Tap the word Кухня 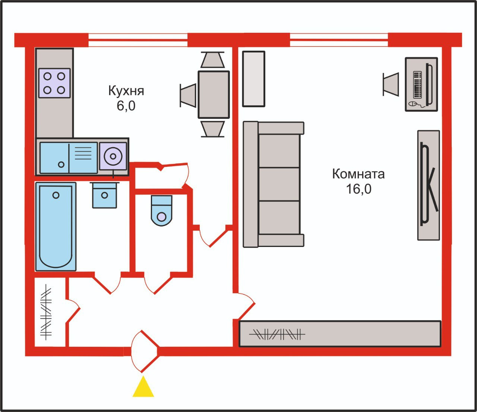pos(126,91)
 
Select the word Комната pos(358,174)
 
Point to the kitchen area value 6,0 pos(126,106)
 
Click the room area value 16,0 pos(358,189)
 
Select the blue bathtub pos(56,226)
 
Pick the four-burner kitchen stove pos(54,83)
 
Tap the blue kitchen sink pos(68,158)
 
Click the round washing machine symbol pos(113,156)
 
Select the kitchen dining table pos(214,94)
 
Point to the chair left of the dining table pos(189,95)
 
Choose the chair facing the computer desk pos(391,84)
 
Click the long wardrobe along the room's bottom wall pos(339,334)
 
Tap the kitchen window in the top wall pos(138,40)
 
